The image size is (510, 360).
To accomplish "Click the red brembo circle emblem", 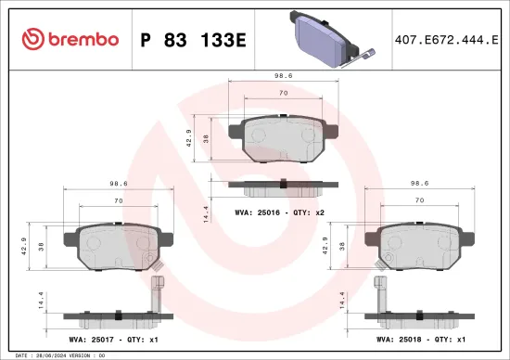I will point(32,39).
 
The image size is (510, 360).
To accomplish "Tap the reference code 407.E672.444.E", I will point(439,39).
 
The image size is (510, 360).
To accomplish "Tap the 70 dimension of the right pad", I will point(419,199).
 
